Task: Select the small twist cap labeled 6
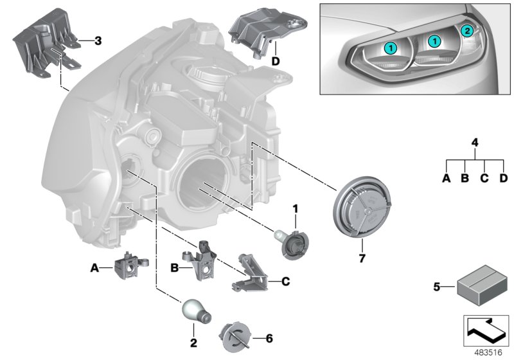click(x=235, y=336)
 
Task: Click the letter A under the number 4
click(x=446, y=179)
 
